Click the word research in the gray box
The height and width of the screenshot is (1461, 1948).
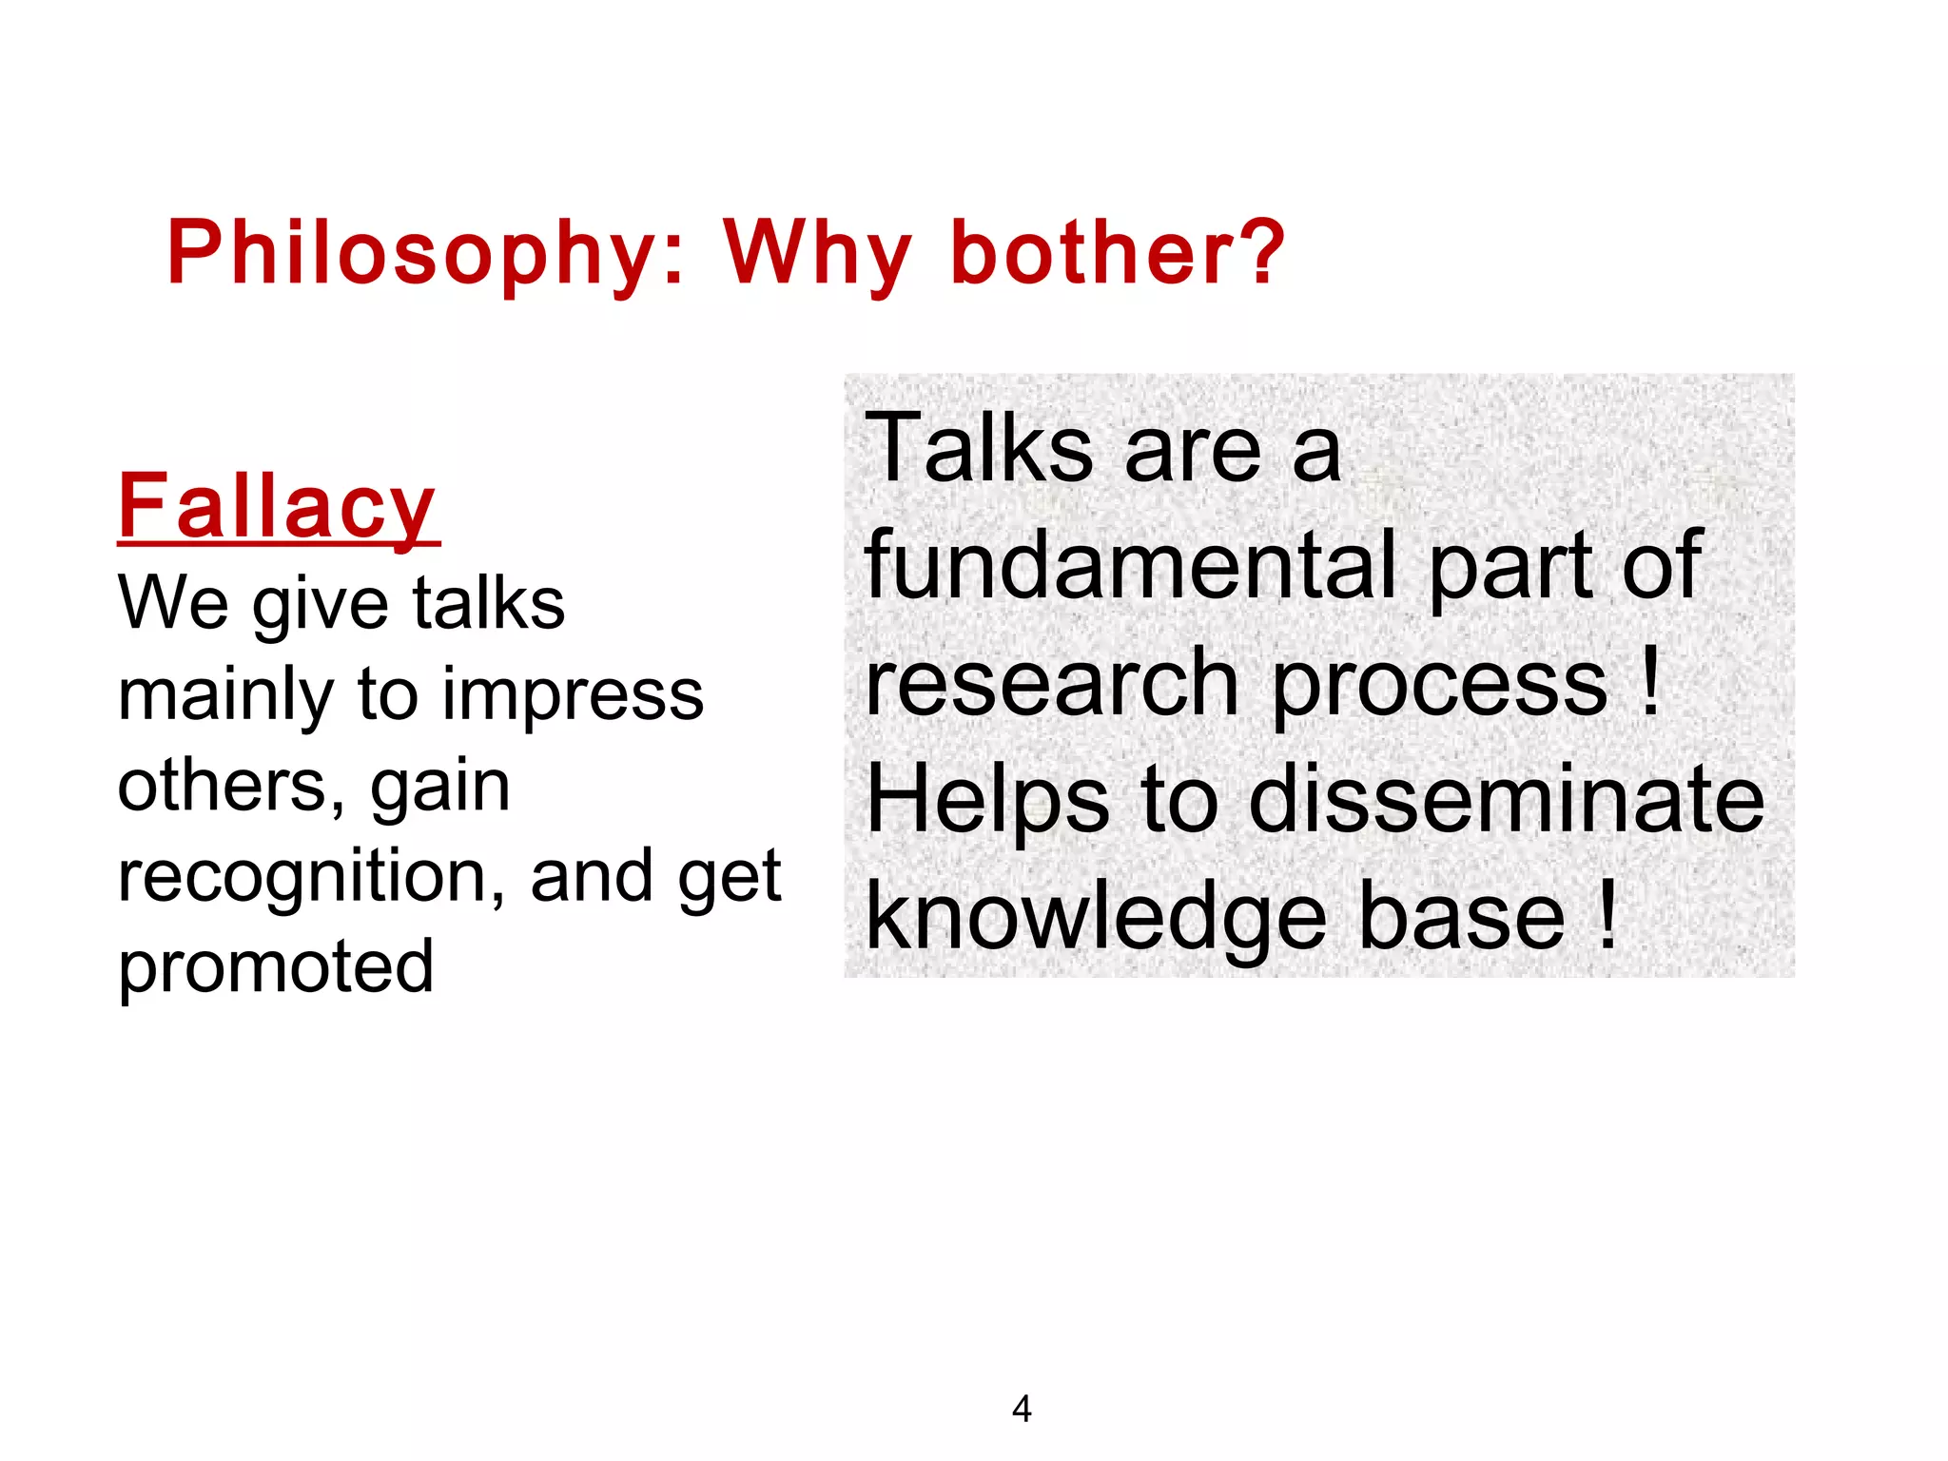tap(1052, 683)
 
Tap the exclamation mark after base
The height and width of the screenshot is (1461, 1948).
tap(1607, 915)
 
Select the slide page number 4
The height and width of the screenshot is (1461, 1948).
tap(1022, 1409)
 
